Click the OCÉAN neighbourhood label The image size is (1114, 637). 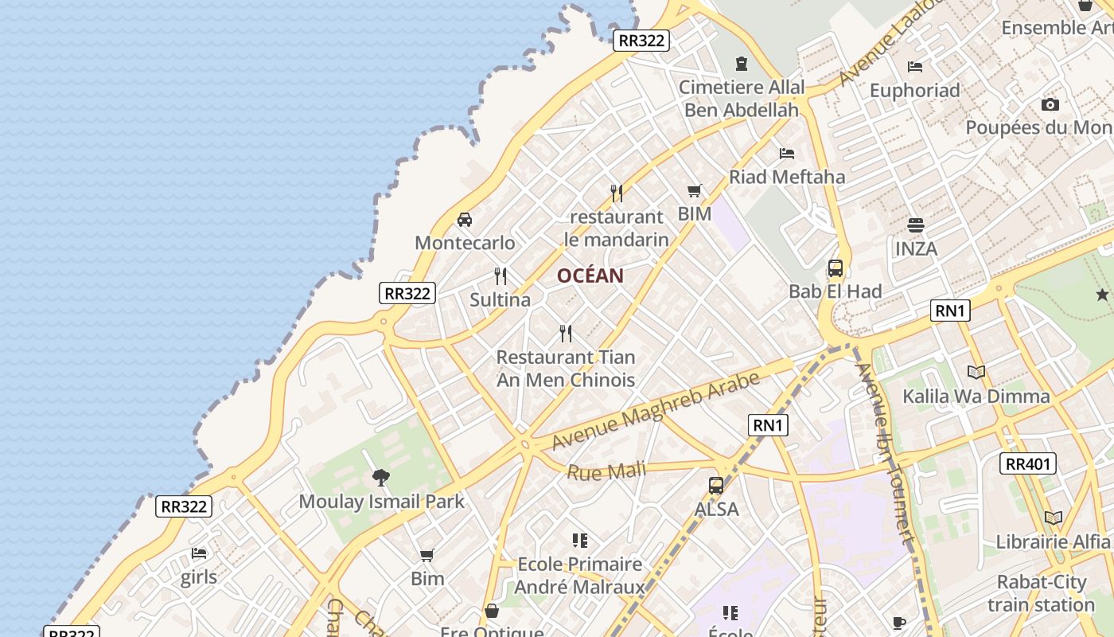pyautogui.click(x=590, y=276)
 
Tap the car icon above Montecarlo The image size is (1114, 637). pyautogui.click(x=465, y=220)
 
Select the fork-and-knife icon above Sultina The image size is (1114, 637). pyautogui.click(x=501, y=276)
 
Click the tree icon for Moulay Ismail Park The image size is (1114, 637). pyautogui.click(x=381, y=478)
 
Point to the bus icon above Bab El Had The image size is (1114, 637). pyautogui.click(x=835, y=268)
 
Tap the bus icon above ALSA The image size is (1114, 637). pyautogui.click(x=716, y=486)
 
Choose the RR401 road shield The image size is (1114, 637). pyautogui.click(x=1028, y=463)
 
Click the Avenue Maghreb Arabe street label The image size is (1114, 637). pyautogui.click(x=656, y=411)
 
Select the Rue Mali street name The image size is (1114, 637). pyautogui.click(x=606, y=471)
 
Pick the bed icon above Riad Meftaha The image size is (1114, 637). pyautogui.click(x=787, y=153)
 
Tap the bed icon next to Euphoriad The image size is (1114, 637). pyautogui.click(x=915, y=67)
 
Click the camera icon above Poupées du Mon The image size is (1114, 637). pyautogui.click(x=1050, y=104)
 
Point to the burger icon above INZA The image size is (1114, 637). pyautogui.click(x=916, y=225)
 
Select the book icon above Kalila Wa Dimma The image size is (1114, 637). pyautogui.click(x=976, y=372)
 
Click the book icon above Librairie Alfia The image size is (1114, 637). pyautogui.click(x=1054, y=518)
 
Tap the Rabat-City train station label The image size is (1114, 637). pyautogui.click(x=1042, y=593)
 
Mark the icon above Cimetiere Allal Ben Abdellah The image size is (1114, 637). pyautogui.click(x=742, y=63)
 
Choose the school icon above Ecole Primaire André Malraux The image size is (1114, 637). pyautogui.click(x=579, y=541)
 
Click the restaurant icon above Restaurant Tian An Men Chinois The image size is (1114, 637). pyautogui.click(x=566, y=333)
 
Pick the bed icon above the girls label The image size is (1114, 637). pyautogui.click(x=199, y=553)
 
